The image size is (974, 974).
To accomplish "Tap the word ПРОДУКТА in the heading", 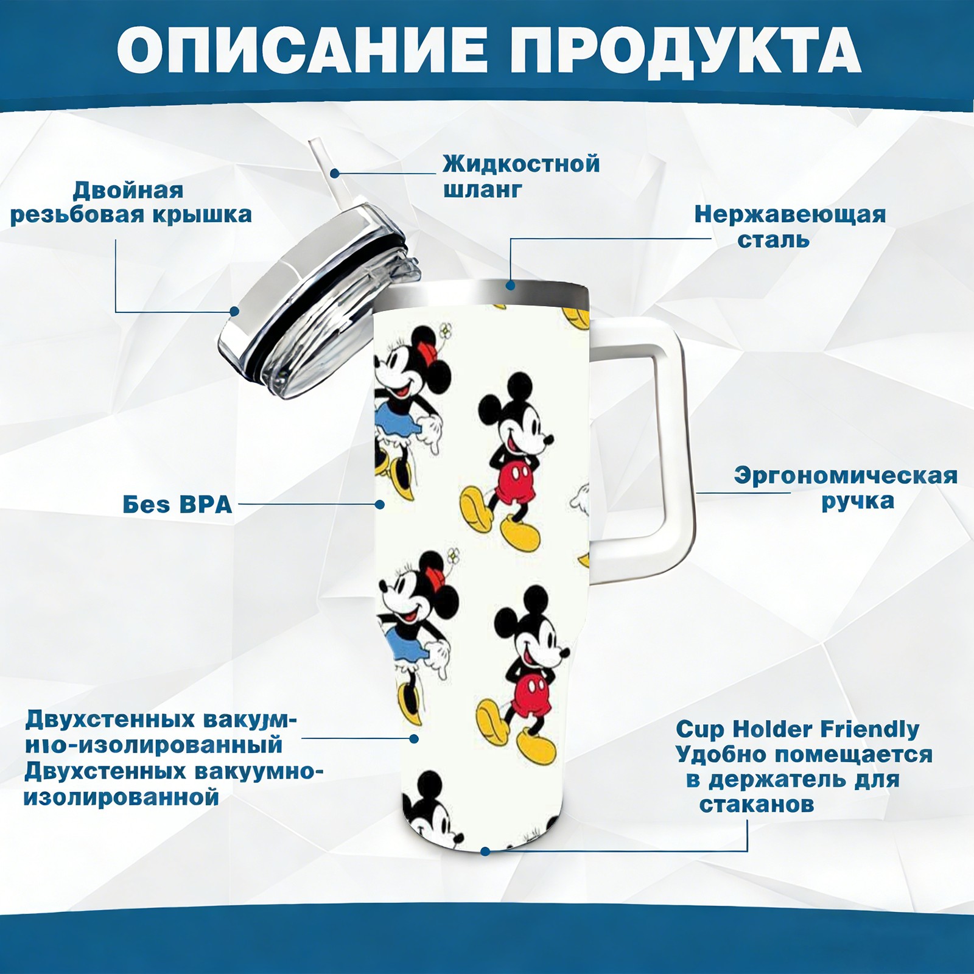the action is click(685, 52).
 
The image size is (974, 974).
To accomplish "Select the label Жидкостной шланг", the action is click(521, 177).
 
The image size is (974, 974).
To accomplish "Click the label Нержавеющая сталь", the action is click(790, 226).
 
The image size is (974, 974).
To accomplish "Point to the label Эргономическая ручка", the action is click(846, 488).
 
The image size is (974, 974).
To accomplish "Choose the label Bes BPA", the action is click(178, 504).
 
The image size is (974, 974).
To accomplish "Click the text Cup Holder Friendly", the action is click(797, 729).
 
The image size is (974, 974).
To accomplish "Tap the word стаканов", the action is click(757, 804).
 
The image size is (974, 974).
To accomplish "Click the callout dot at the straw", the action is click(335, 173).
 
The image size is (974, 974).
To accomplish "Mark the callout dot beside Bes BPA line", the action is click(379, 504).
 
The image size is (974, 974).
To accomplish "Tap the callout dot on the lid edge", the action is click(234, 311).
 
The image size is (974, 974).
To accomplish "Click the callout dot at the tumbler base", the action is click(485, 851).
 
